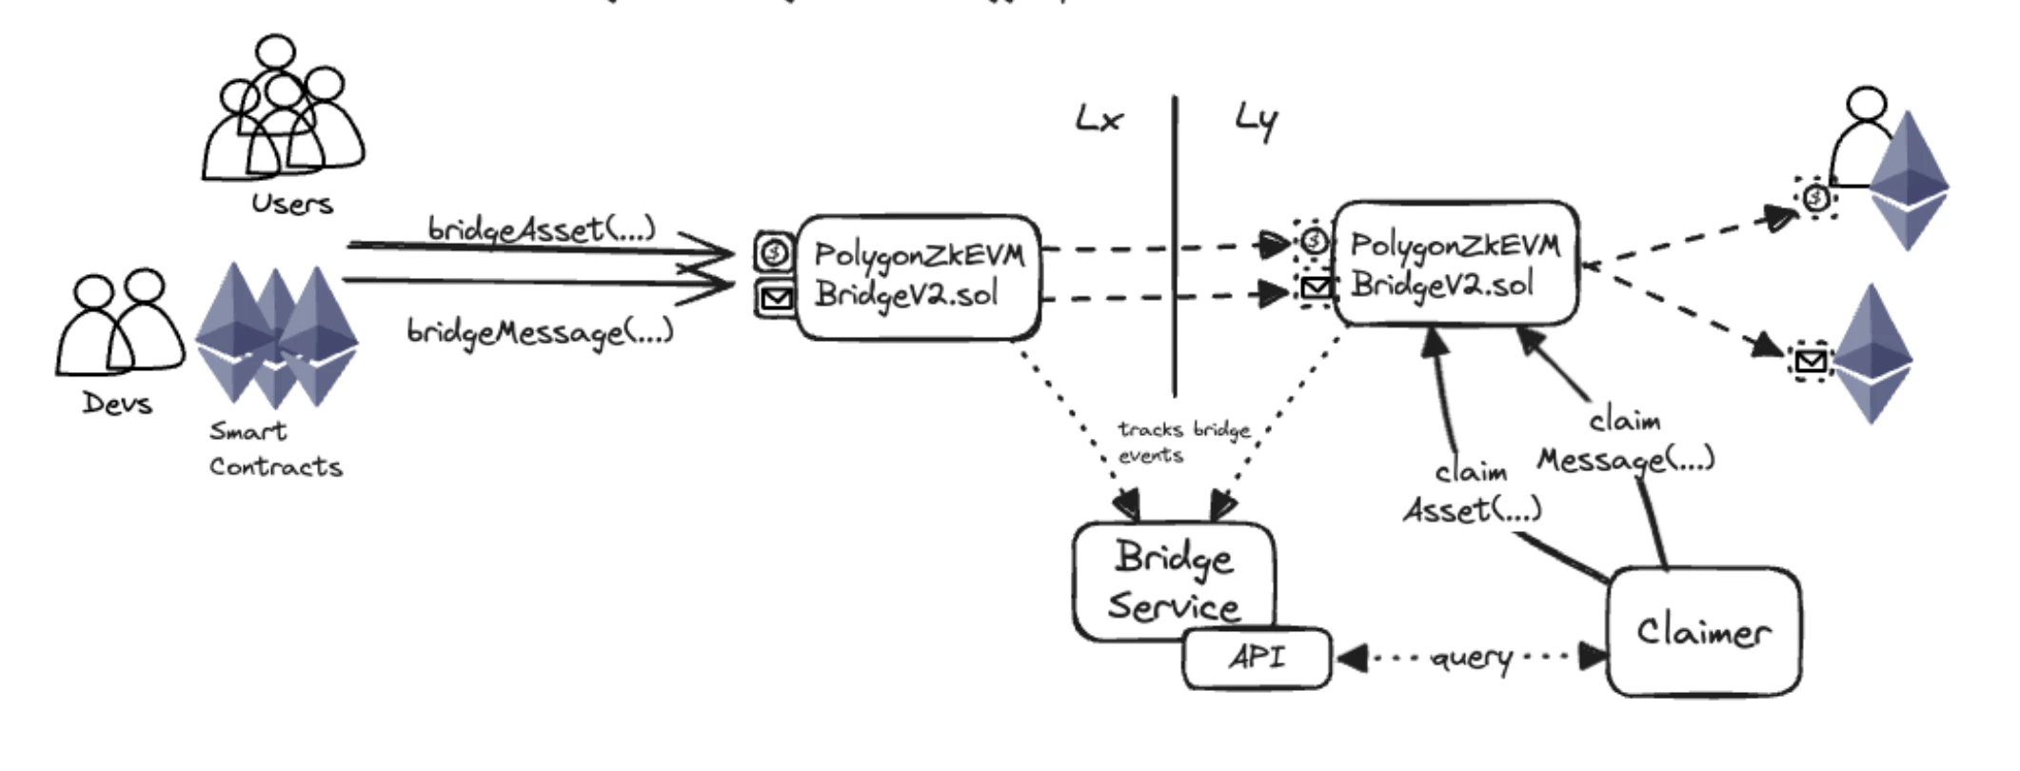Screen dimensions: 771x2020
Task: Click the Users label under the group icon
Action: (292, 204)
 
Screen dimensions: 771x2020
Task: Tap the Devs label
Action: (117, 403)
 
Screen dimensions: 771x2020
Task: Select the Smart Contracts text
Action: (275, 449)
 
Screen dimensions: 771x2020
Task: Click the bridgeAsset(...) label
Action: (542, 229)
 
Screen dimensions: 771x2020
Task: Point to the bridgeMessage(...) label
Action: (540, 331)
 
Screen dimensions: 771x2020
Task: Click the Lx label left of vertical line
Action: (1099, 120)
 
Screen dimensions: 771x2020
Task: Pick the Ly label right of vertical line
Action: (1257, 122)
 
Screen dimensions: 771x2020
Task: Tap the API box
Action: (1257, 658)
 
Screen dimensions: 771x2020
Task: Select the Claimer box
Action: (1703, 632)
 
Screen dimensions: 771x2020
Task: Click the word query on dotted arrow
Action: (1472, 658)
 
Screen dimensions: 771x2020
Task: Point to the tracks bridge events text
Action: (1183, 443)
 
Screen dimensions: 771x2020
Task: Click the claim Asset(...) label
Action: (1473, 493)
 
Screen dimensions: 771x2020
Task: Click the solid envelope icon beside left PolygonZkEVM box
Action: (776, 300)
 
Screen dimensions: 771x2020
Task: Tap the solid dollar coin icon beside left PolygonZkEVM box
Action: (775, 252)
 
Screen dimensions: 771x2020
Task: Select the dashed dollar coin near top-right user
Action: (1816, 198)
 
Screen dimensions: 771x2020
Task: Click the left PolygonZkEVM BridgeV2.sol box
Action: (918, 276)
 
